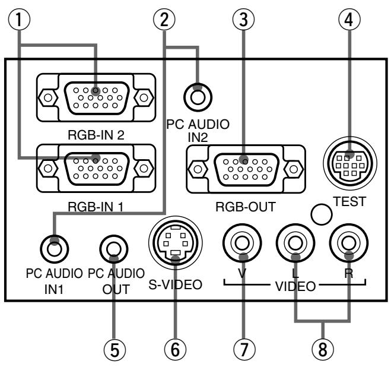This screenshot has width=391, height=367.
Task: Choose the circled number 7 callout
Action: click(x=243, y=349)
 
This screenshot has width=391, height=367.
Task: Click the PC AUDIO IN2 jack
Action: click(x=198, y=94)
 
